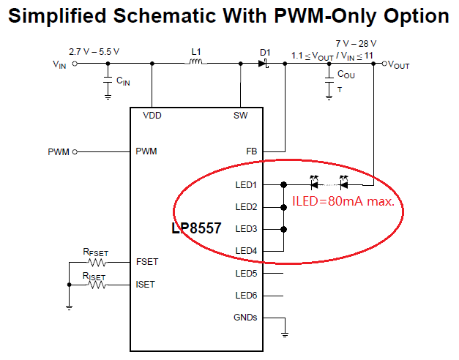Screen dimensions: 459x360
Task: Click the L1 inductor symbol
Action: click(x=196, y=61)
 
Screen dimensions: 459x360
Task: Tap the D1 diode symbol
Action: click(x=263, y=63)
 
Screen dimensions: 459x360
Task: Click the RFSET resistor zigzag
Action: click(x=97, y=263)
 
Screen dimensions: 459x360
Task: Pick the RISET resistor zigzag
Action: click(x=97, y=285)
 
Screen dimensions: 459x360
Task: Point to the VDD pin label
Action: click(x=152, y=116)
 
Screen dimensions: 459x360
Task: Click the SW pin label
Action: click(x=240, y=116)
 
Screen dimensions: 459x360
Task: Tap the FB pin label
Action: click(x=251, y=151)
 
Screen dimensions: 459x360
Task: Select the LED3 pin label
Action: click(x=246, y=229)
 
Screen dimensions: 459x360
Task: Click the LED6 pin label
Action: click(x=246, y=296)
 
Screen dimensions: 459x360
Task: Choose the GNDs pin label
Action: click(x=245, y=318)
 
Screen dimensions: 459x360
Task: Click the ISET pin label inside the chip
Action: click(x=145, y=285)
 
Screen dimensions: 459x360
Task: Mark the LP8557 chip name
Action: click(x=196, y=228)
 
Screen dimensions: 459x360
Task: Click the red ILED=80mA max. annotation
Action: click(x=343, y=201)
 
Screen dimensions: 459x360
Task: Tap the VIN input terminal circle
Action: click(x=75, y=64)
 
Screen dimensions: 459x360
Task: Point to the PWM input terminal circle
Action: click(x=75, y=152)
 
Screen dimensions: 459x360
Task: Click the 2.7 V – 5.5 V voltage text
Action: click(x=94, y=52)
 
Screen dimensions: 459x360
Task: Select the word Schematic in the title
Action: click(x=165, y=15)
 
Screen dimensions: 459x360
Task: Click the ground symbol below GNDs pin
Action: click(x=285, y=334)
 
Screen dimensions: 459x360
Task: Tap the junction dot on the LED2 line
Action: click(x=283, y=207)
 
